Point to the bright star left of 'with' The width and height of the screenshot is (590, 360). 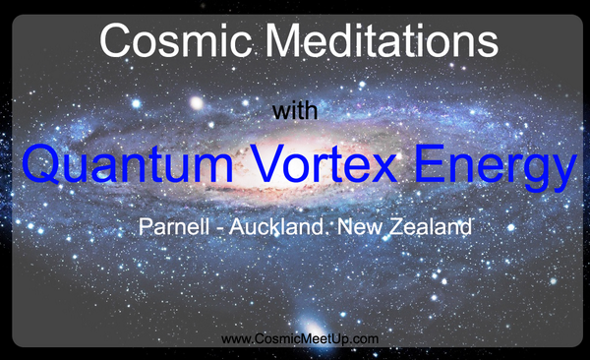[197, 102]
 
